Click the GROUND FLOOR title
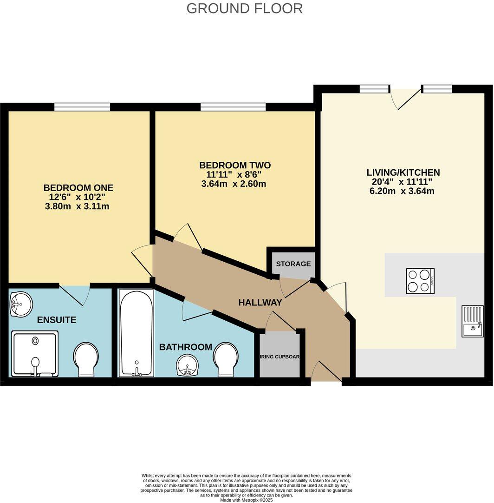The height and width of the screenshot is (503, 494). point(244,8)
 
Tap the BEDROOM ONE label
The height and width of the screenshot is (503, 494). point(78,188)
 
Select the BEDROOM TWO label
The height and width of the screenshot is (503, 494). point(234,165)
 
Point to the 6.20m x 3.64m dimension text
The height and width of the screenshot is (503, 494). point(402,191)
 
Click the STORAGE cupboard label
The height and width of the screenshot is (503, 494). point(293,264)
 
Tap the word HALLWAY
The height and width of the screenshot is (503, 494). point(260,303)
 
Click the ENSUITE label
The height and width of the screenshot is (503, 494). point(57,320)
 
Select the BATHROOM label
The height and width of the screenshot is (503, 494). point(185,347)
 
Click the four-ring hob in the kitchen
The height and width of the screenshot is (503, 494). point(420,281)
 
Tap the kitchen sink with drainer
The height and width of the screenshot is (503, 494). point(473,321)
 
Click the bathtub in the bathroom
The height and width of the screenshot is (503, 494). point(136,333)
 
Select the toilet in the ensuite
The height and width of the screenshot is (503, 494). point(86,359)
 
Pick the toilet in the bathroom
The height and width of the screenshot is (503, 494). point(226,359)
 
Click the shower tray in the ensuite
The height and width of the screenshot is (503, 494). point(35,353)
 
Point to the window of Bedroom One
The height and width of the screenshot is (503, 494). point(82,107)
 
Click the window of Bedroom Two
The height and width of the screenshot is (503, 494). point(233,107)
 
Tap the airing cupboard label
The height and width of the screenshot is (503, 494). point(279,357)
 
